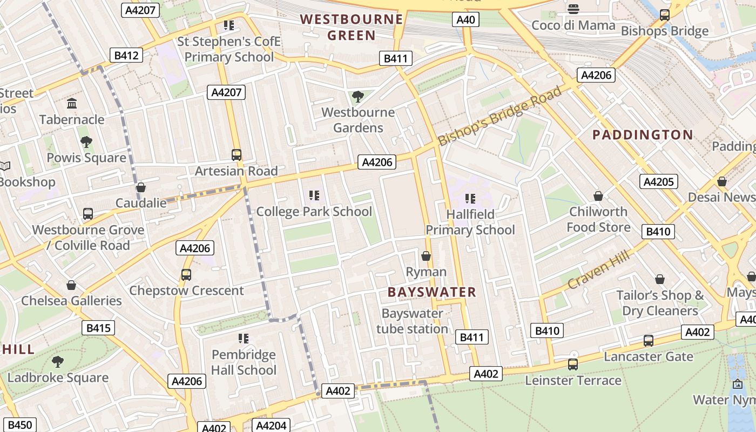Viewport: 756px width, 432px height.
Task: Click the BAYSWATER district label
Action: pyautogui.click(x=432, y=292)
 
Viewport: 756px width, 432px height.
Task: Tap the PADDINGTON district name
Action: pyautogui.click(x=643, y=134)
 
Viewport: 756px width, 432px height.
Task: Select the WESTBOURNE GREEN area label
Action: pyautogui.click(x=352, y=28)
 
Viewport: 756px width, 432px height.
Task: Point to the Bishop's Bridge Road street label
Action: pyautogui.click(x=500, y=116)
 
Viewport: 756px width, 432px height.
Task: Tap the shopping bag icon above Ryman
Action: pyautogui.click(x=426, y=255)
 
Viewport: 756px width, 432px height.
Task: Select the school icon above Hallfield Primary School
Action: pyautogui.click(x=470, y=198)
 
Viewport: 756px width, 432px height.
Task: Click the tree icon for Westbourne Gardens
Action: pyautogui.click(x=357, y=97)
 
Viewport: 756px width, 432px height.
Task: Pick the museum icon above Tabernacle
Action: pyautogui.click(x=71, y=103)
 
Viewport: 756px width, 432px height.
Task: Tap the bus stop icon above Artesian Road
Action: pyautogui.click(x=236, y=155)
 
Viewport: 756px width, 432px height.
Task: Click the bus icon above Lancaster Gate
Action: pyautogui.click(x=648, y=341)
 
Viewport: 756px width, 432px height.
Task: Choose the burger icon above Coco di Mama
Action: pyautogui.click(x=573, y=9)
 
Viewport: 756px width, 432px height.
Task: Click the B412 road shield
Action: pyautogui.click(x=127, y=55)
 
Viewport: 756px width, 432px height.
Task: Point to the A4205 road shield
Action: pyautogui.click(x=658, y=181)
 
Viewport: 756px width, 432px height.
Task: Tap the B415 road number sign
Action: pyautogui.click(x=98, y=327)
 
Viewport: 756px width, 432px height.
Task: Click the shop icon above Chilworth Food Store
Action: pyautogui.click(x=598, y=195)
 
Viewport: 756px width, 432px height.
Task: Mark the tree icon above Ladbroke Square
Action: pyautogui.click(x=57, y=361)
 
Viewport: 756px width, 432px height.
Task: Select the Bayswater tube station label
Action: pyautogui.click(x=412, y=321)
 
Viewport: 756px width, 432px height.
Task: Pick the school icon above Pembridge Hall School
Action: pyautogui.click(x=244, y=339)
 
